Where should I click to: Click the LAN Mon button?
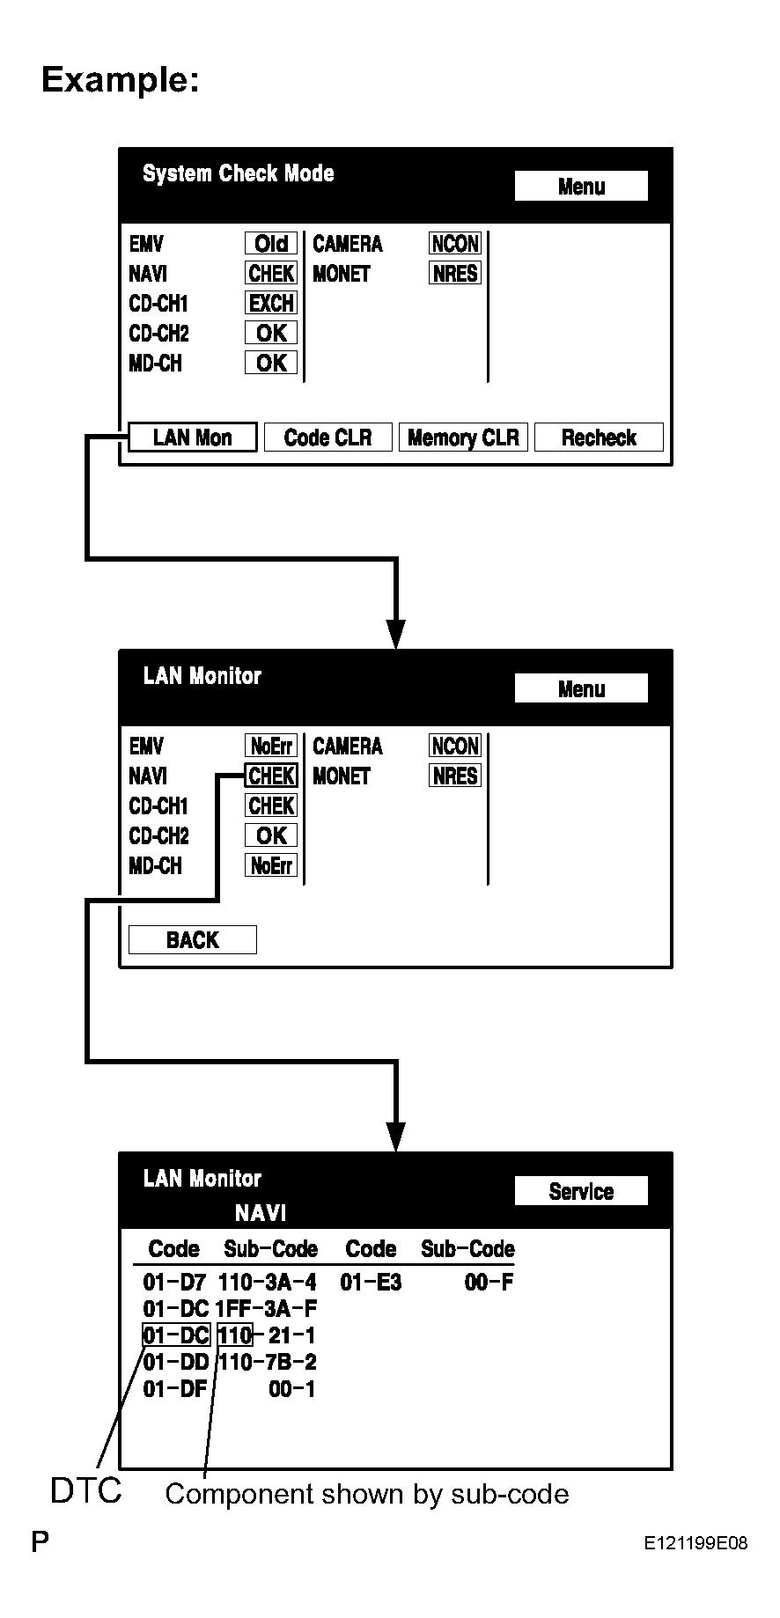click(x=193, y=438)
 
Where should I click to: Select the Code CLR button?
click(x=328, y=438)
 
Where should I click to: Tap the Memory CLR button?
click(x=463, y=438)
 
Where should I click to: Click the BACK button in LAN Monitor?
click(x=193, y=940)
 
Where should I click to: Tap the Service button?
click(x=581, y=1191)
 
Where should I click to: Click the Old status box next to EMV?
click(x=271, y=244)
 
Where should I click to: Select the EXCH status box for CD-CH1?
click(x=271, y=303)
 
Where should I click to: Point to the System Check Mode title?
click(x=239, y=173)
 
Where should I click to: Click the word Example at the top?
click(x=121, y=79)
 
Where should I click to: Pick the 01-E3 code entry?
click(x=371, y=1282)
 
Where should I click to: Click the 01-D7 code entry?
click(x=175, y=1282)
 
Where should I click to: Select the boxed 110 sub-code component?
click(x=235, y=1335)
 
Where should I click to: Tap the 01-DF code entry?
click(x=175, y=1389)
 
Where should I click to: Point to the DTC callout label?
click(x=86, y=1491)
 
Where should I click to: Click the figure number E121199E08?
click(x=695, y=1542)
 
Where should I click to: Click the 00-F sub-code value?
click(x=489, y=1282)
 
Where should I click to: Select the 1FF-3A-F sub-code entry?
click(x=267, y=1308)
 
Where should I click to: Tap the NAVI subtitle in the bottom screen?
click(x=261, y=1213)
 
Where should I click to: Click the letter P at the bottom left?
click(x=40, y=1541)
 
